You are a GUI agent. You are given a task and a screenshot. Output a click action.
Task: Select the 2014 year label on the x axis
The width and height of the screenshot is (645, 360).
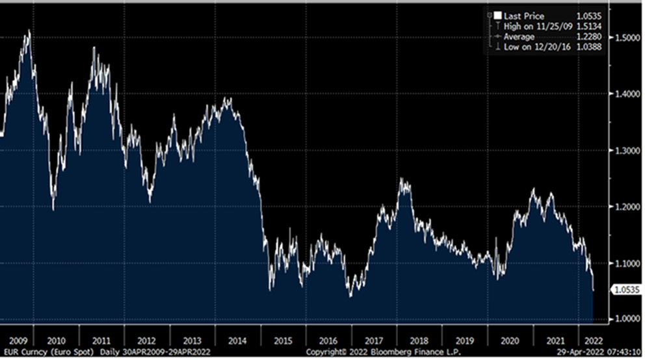(x=238, y=339)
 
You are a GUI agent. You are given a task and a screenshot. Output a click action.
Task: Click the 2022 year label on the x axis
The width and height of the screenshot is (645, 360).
(x=592, y=339)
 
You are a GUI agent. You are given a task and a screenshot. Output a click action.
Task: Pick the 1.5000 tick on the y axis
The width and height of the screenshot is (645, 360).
(x=625, y=38)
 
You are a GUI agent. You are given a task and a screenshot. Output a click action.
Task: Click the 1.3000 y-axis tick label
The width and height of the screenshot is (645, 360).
(x=625, y=150)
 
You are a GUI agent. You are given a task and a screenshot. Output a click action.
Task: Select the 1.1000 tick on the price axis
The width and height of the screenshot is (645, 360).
(x=625, y=263)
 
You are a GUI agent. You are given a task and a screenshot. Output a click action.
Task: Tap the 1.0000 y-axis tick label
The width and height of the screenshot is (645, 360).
(x=625, y=318)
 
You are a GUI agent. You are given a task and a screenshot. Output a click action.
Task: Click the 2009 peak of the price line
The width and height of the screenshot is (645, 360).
(x=28, y=31)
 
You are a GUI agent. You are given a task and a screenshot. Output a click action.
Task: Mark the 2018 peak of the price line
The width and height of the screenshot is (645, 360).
(x=404, y=179)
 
